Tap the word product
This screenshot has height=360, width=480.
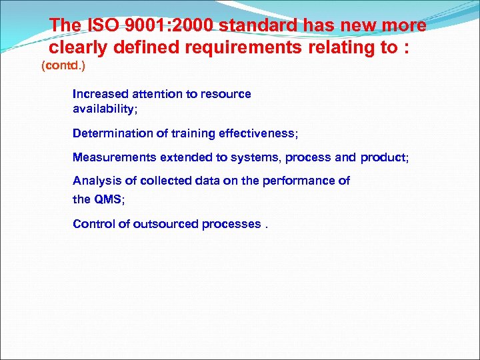click(x=383, y=157)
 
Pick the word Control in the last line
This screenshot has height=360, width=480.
click(x=94, y=224)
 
